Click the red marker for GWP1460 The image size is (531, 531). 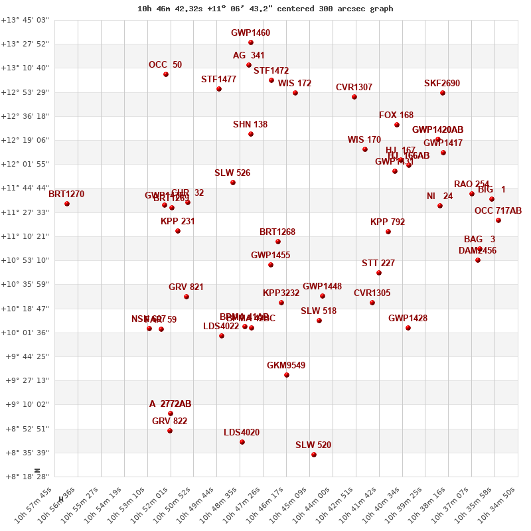coord(251,42)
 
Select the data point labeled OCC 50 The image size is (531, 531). coord(166,74)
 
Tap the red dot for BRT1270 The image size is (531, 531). coord(67,204)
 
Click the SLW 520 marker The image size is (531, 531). coord(314,455)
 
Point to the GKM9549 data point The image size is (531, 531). coord(287,375)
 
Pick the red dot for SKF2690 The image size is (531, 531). coord(443,93)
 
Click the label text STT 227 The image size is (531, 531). coord(378,264)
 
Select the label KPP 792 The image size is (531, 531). coord(388,222)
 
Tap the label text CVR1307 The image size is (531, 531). coord(354,88)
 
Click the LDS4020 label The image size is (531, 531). coord(242,433)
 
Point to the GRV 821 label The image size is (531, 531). coord(186,287)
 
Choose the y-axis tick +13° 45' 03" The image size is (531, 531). coord(25,20)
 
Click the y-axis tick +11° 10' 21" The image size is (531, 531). coord(25,236)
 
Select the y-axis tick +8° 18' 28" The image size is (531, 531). coord(25,477)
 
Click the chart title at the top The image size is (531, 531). coord(265,9)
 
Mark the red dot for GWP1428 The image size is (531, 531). coord(408,328)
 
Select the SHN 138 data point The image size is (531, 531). coord(251,134)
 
